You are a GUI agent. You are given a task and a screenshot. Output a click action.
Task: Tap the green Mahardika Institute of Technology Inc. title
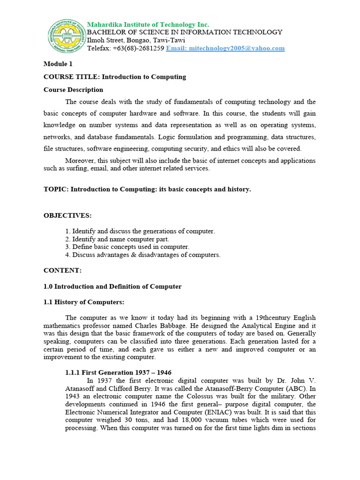click(148, 24)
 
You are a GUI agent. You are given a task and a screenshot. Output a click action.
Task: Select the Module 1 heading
click(58, 64)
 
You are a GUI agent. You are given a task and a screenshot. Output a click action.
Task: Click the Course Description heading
click(73, 90)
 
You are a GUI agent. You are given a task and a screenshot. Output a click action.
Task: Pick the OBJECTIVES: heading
click(67, 215)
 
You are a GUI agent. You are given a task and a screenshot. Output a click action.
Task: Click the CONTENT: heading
click(62, 270)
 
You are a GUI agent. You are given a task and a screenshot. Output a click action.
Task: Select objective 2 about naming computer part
click(117, 239)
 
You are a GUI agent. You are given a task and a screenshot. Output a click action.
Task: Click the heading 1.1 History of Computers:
click(84, 302)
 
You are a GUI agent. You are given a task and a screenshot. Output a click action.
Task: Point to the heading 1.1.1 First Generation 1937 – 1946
click(118, 372)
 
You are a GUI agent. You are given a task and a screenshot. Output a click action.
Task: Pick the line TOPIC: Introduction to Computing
click(147, 189)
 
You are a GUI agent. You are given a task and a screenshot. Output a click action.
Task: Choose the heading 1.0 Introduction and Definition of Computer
click(112, 286)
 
